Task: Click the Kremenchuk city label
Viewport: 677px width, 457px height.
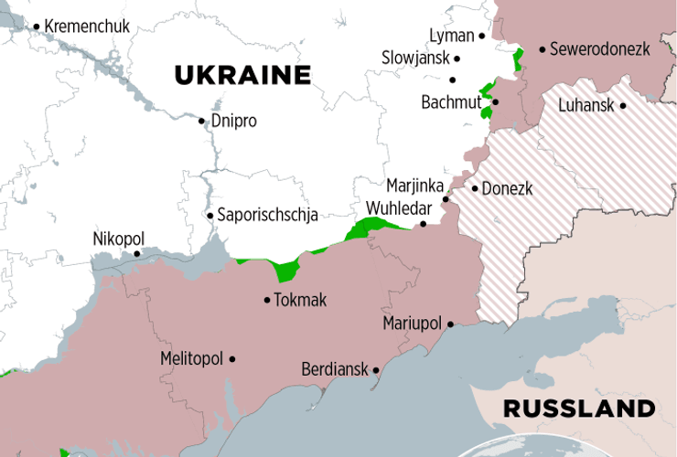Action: click(87, 27)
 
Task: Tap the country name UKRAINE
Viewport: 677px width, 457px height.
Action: click(242, 75)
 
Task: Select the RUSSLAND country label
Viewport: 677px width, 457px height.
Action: click(579, 408)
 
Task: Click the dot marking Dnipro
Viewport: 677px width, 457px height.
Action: click(202, 121)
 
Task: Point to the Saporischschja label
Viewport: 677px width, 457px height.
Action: click(267, 216)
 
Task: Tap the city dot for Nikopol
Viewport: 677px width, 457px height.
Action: click(137, 254)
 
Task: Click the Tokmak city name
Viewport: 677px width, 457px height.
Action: click(301, 300)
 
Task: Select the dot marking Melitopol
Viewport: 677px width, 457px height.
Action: click(232, 359)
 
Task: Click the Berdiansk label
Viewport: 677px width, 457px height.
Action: click(335, 370)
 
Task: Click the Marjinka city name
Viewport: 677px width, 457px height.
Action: click(414, 186)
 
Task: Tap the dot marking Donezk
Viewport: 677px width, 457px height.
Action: click(474, 189)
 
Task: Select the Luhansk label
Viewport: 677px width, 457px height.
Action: click(586, 106)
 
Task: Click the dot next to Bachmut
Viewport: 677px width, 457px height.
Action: click(495, 102)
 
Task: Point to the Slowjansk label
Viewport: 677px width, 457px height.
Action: click(415, 58)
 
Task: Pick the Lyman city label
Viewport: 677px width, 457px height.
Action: click(452, 37)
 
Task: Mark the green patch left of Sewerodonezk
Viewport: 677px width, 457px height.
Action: click(519, 60)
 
